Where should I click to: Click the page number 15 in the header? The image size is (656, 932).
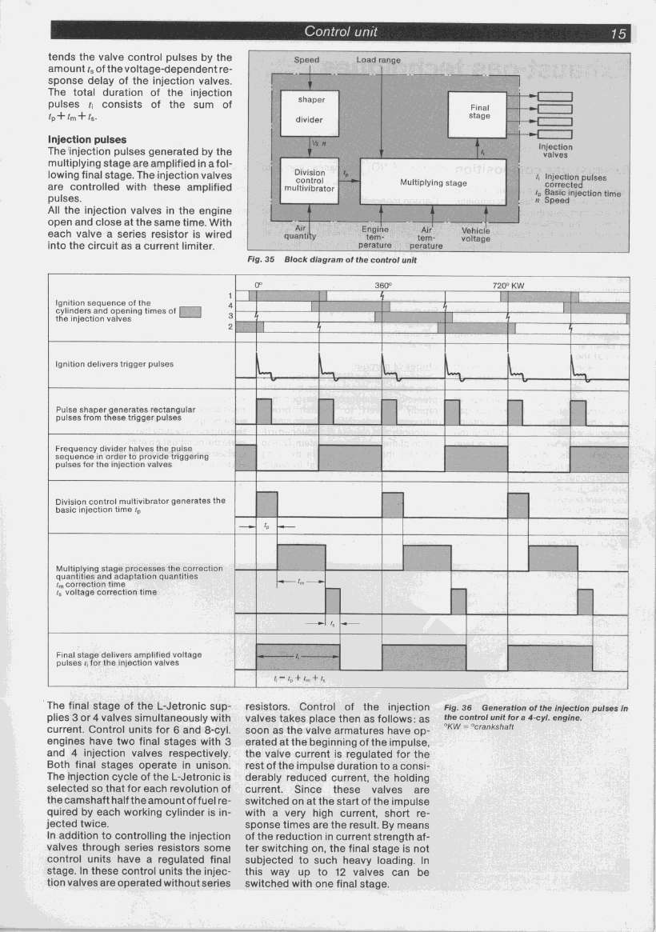pos(617,33)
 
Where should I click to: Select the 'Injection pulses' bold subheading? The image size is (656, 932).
pos(87,139)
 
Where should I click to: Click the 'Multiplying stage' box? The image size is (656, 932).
pos(433,182)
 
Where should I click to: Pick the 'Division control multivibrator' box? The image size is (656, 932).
pos(309,182)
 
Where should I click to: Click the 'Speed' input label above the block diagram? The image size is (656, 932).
pos(306,60)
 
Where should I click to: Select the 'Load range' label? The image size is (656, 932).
pos(378,60)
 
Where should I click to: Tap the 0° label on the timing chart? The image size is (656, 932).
pos(258,285)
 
